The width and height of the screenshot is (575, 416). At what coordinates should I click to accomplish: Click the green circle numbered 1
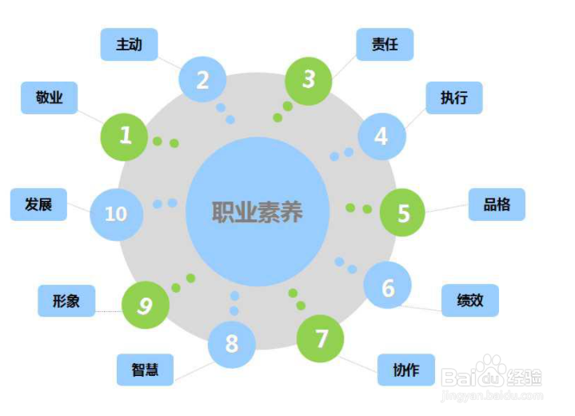point(125,136)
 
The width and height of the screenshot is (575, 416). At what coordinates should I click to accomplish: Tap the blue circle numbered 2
point(202,79)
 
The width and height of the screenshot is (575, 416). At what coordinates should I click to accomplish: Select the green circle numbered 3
point(309,79)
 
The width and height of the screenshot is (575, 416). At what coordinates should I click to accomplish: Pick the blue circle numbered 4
point(381,137)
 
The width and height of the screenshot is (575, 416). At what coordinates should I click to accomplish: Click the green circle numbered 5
point(403,213)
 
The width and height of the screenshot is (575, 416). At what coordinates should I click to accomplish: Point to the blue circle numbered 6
point(388,287)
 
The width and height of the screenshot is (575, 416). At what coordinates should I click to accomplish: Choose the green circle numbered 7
point(321,339)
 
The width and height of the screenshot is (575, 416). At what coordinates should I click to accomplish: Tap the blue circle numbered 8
point(232,344)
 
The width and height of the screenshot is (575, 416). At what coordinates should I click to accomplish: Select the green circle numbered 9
point(146,304)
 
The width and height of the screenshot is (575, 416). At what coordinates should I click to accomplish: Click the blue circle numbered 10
point(115,214)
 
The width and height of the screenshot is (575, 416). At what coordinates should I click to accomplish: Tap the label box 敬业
point(49,98)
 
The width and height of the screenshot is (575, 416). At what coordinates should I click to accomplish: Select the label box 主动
point(129,45)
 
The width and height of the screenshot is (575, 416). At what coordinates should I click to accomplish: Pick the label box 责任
point(385,45)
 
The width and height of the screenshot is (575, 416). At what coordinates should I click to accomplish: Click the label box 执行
point(453,98)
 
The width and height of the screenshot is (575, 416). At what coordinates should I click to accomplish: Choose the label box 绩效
point(470,301)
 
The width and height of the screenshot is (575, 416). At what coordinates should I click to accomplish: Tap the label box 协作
point(406,370)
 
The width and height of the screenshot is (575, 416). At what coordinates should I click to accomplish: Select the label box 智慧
point(145,370)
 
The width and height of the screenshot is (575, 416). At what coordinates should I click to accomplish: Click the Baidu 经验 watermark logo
point(493,376)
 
